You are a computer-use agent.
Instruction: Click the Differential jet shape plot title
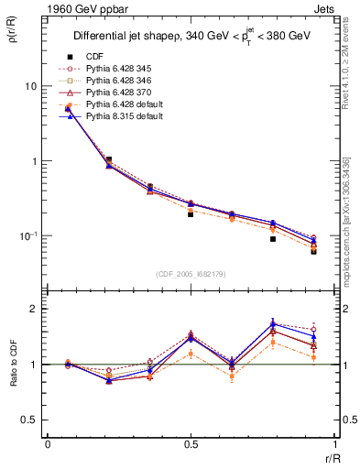point(191,37)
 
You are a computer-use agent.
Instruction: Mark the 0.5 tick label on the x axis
point(191,443)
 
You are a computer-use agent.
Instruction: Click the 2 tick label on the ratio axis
point(35,309)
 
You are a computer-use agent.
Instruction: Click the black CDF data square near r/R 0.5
point(191,213)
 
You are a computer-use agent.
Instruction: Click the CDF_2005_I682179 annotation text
point(191,274)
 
